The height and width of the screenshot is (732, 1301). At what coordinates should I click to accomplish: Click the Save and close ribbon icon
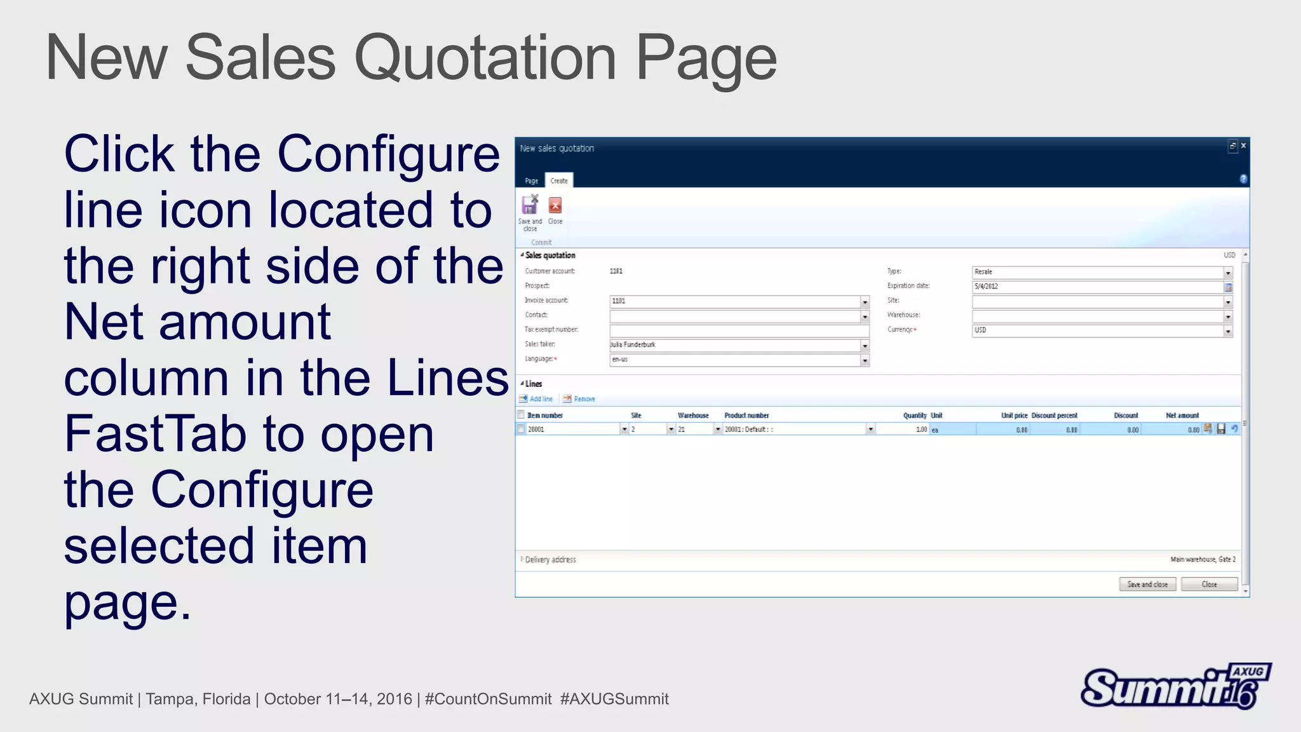pos(529,206)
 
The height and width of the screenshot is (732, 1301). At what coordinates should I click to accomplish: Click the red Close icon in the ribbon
pos(555,206)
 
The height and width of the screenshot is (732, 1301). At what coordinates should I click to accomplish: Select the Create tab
pos(559,181)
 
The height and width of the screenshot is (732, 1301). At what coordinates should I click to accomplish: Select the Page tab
pos(532,181)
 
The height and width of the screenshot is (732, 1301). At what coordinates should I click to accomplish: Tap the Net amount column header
pos(1182,416)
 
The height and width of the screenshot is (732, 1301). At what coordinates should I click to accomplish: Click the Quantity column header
pos(914,416)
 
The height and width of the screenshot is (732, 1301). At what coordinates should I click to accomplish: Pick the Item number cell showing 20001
pos(572,430)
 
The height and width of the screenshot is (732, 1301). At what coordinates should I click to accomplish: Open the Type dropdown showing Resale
pos(1228,273)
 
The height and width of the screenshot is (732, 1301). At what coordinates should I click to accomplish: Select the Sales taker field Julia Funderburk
pos(734,345)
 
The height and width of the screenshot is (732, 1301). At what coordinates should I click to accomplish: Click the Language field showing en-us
pos(734,360)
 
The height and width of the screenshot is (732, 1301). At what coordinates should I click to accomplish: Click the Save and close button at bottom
pos(1147,585)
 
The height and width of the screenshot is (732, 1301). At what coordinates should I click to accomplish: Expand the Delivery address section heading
pos(550,560)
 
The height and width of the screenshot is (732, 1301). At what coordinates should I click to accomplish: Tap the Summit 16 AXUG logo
pos(1175,686)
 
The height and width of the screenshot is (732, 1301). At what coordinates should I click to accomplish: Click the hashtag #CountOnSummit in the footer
pos(488,699)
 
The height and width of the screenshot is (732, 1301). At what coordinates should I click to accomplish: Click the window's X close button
pos(1243,146)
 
